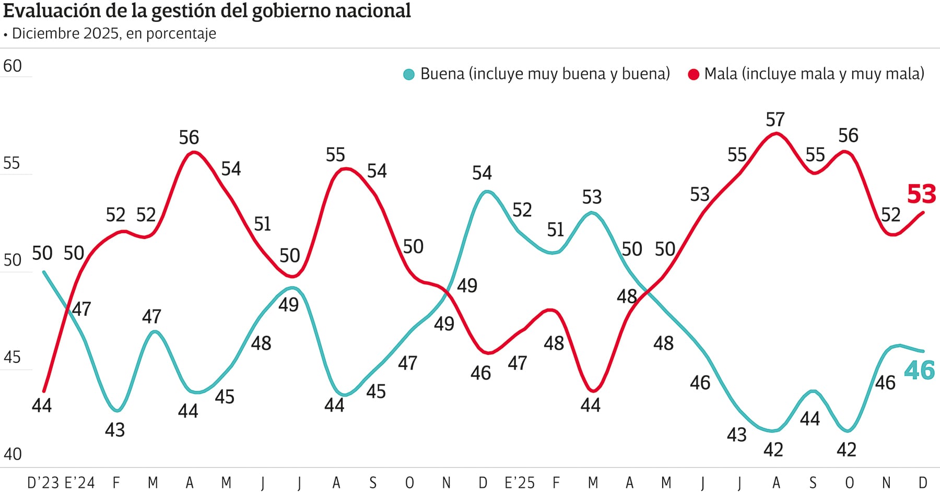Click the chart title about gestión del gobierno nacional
click(207, 11)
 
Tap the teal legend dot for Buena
click(409, 74)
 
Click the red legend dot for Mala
click(694, 74)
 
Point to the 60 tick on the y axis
click(13, 66)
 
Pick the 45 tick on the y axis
click(13, 357)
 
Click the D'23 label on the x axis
click(43, 482)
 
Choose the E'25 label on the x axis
click(520, 482)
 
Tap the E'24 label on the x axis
click(79, 482)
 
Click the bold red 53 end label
click(921, 194)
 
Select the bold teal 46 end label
click(919, 370)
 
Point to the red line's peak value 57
click(775, 120)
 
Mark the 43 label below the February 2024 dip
click(115, 430)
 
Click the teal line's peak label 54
click(482, 173)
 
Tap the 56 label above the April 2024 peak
click(189, 138)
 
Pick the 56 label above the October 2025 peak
click(848, 135)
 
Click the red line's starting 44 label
click(42, 405)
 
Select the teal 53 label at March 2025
click(592, 197)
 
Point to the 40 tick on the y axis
click(13, 454)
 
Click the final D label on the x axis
click(923, 482)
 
